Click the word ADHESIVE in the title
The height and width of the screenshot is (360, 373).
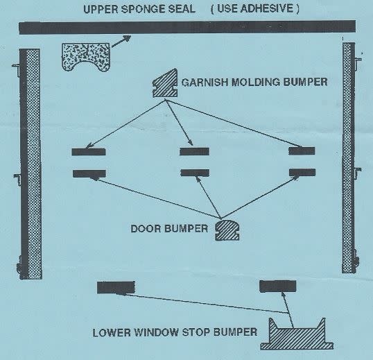click(267, 8)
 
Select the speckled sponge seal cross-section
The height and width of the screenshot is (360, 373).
click(86, 57)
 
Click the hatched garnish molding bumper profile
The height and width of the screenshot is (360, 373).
click(165, 83)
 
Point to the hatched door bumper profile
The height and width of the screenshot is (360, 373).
click(227, 230)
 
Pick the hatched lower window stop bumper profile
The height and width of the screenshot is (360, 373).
click(297, 335)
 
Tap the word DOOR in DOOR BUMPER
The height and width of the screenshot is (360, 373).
click(146, 229)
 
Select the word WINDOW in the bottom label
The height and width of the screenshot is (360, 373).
click(156, 332)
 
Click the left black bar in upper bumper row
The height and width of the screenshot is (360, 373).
click(89, 152)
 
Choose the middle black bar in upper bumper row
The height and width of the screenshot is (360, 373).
click(194, 151)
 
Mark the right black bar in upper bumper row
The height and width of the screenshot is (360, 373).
click(302, 151)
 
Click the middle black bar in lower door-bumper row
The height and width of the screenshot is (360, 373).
click(195, 173)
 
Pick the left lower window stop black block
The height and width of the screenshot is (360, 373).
click(116, 287)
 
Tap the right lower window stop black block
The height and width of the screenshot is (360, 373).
click(277, 286)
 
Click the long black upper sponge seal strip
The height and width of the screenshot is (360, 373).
click(187, 27)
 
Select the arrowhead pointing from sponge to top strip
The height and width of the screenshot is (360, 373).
click(127, 38)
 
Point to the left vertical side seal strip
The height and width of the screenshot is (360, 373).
click(31, 164)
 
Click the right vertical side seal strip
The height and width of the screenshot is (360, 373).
click(349, 157)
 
